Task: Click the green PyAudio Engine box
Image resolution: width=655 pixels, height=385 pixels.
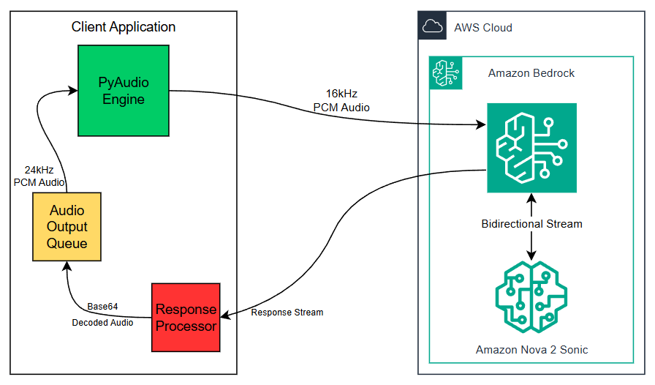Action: click(124, 90)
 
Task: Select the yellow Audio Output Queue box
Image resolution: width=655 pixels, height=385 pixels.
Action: click(67, 227)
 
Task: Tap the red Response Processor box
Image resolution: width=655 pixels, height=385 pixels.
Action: click(186, 317)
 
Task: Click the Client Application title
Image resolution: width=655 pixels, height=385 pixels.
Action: click(124, 27)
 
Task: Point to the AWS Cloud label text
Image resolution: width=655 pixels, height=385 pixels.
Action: click(482, 28)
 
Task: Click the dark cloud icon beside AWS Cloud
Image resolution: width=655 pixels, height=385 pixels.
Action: click(433, 27)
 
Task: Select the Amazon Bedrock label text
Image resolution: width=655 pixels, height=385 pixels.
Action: click(531, 73)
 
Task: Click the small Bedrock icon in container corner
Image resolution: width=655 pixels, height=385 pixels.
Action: click(444, 71)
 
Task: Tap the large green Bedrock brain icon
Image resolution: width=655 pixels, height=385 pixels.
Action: click(531, 148)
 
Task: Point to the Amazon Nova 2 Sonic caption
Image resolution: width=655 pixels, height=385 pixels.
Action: click(531, 350)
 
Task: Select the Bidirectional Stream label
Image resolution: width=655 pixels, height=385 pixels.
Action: click(531, 223)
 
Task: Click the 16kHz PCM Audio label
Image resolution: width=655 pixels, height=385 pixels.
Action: click(341, 101)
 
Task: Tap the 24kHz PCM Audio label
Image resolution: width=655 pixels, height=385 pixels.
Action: click(39, 176)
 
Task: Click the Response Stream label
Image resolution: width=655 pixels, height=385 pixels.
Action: click(287, 313)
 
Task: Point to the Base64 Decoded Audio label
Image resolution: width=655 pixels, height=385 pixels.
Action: click(102, 314)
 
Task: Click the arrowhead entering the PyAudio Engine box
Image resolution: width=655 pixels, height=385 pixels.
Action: click(74, 90)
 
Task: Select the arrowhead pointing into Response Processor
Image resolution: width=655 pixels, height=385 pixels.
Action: click(225, 316)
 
